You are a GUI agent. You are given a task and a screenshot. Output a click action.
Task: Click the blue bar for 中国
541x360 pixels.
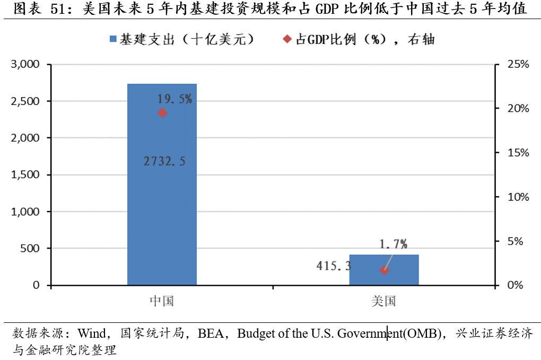(x=162, y=212)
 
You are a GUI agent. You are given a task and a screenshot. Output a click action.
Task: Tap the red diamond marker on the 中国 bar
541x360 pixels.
(x=162, y=112)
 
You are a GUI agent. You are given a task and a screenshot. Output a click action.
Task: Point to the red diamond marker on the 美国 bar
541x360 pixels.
(x=385, y=270)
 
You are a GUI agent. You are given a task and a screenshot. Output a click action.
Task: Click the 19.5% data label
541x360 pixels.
(x=174, y=99)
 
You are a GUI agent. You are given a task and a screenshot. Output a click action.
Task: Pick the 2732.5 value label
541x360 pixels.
(x=164, y=162)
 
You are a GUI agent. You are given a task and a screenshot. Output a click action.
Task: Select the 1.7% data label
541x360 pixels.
(x=394, y=244)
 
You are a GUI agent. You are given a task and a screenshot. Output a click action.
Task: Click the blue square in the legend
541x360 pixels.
(x=112, y=39)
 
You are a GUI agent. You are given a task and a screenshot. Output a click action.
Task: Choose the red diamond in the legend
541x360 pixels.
(x=287, y=39)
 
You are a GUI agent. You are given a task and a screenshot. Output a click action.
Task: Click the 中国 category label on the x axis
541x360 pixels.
(x=162, y=301)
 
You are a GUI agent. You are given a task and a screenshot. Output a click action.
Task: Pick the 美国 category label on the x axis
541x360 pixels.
(x=383, y=301)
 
